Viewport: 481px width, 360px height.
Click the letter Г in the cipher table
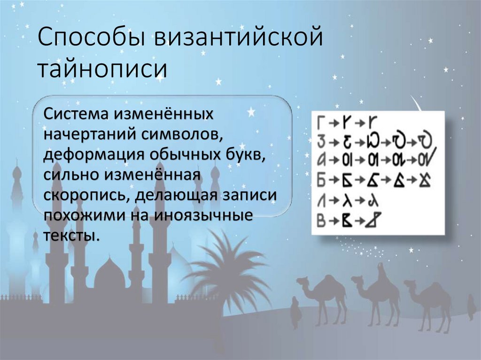[x=321, y=123]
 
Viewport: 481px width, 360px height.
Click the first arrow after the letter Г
[x=334, y=123]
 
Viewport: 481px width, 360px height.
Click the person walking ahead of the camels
[x=295, y=312]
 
